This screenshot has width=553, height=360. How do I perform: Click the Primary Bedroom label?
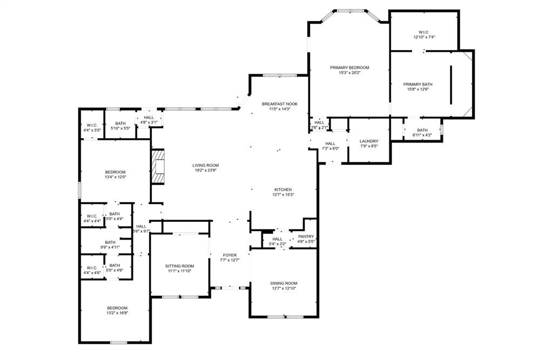point(349,67)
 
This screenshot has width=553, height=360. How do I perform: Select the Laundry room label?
point(369,141)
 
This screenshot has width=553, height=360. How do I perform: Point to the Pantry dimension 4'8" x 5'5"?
point(306,241)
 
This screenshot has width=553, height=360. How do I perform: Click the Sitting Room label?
point(179,266)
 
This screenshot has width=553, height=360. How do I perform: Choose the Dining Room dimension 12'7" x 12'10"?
point(284,288)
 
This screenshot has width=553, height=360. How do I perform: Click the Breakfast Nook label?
point(280,104)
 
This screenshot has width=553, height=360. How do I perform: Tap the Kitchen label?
point(283,189)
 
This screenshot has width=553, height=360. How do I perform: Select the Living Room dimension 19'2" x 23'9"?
point(207,171)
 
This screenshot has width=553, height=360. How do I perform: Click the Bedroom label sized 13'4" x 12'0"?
point(115,172)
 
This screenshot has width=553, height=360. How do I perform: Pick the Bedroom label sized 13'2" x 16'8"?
point(117,308)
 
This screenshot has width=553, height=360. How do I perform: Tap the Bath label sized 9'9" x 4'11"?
point(110,242)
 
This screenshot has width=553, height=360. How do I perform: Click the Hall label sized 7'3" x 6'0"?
point(331,143)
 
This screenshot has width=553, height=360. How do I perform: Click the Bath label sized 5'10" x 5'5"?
point(120,124)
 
